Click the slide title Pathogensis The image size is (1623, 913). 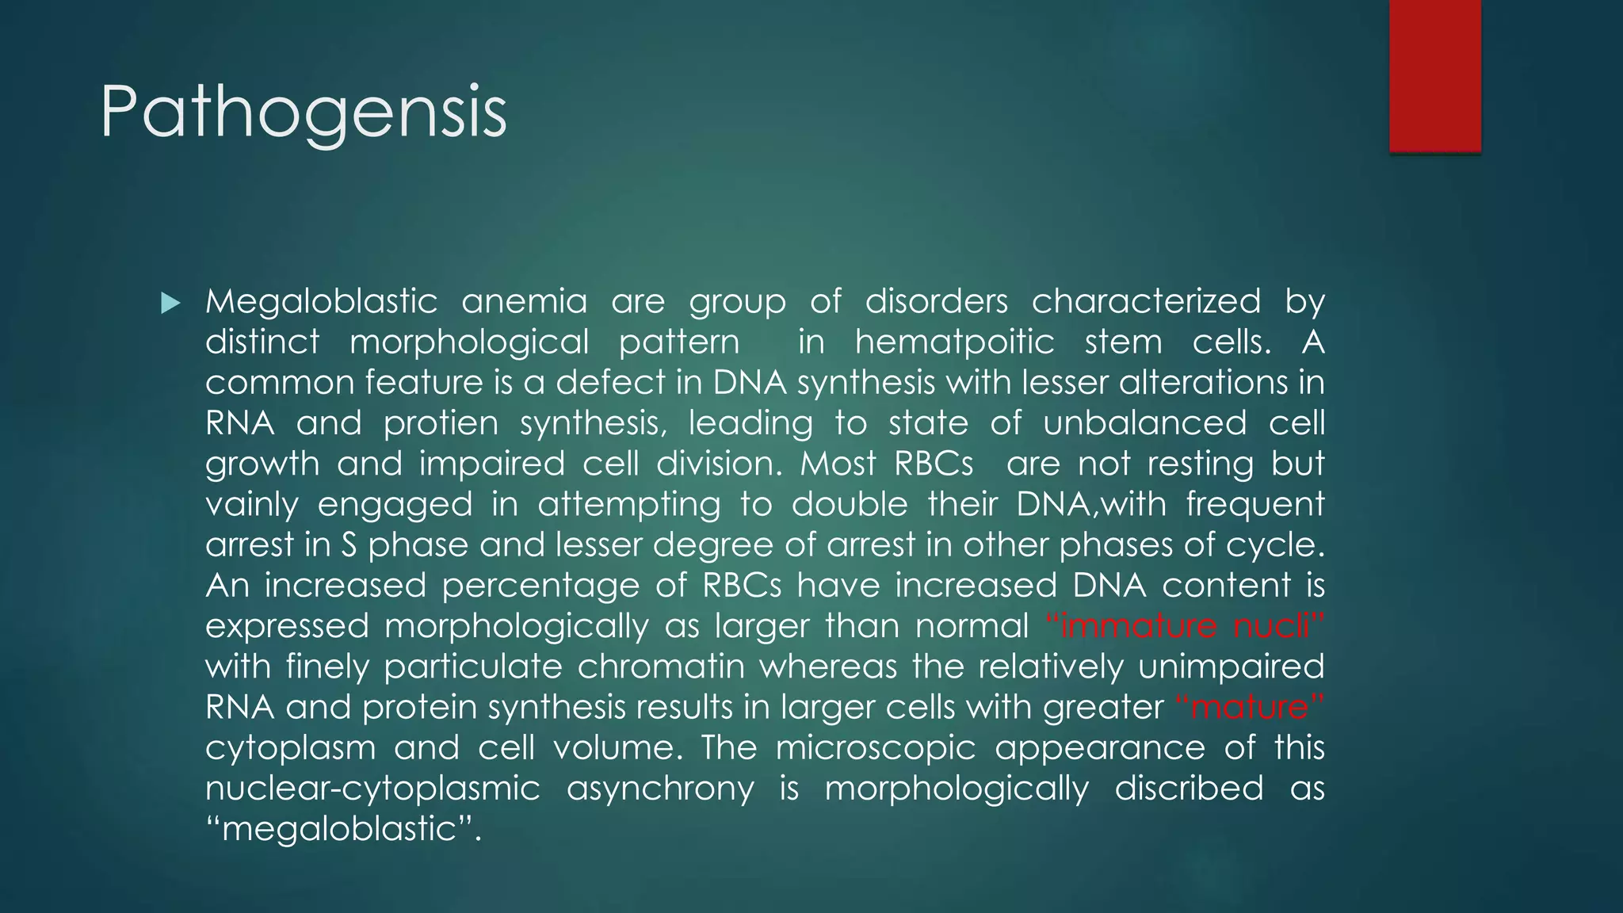coord(304,113)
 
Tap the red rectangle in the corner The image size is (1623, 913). coord(1434,75)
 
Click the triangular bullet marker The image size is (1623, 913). coord(170,303)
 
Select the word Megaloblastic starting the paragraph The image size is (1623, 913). coord(321,302)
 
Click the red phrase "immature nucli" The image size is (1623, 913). coord(1184,626)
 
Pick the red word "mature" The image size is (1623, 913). coord(1249,707)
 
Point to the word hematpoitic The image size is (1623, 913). coord(954,342)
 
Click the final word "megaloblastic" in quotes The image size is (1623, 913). coord(342,829)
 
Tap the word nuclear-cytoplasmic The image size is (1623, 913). coord(372,789)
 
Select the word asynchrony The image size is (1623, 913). coord(660,789)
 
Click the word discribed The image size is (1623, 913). coord(1189,789)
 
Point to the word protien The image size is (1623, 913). coord(441,423)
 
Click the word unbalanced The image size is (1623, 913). coord(1144,423)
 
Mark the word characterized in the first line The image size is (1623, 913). coord(1145,302)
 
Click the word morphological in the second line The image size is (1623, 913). coord(469,342)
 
